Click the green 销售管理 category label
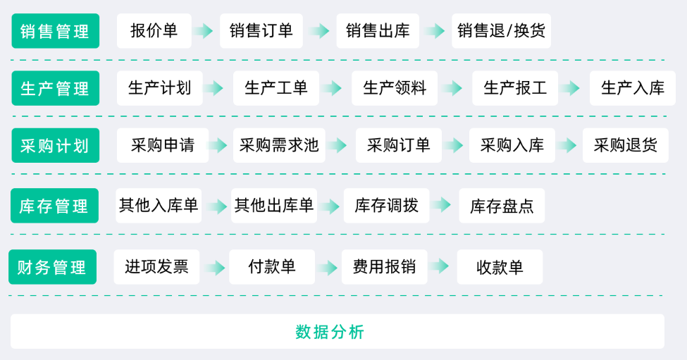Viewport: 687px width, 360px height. (55, 31)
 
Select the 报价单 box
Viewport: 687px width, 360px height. (154, 31)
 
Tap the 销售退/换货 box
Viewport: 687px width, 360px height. (501, 31)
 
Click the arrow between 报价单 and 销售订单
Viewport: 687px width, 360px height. (204, 31)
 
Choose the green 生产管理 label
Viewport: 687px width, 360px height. (55, 88)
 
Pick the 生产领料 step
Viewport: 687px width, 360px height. (395, 88)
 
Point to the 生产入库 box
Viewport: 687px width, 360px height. (633, 88)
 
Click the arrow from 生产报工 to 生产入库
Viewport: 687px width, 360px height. (571, 88)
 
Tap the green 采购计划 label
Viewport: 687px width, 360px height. (55, 145)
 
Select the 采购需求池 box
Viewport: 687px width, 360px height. (279, 145)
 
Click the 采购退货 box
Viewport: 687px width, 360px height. (626, 145)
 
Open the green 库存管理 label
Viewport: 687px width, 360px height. (54, 206)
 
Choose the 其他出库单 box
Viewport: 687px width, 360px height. (274, 206)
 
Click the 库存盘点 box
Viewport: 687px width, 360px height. (502, 206)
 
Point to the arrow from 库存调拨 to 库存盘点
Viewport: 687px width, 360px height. (442, 204)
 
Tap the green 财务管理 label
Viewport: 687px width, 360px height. (53, 267)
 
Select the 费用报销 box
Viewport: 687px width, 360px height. (384, 267)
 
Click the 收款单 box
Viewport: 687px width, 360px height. (500, 267)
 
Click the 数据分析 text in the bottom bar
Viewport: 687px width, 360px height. (330, 332)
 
